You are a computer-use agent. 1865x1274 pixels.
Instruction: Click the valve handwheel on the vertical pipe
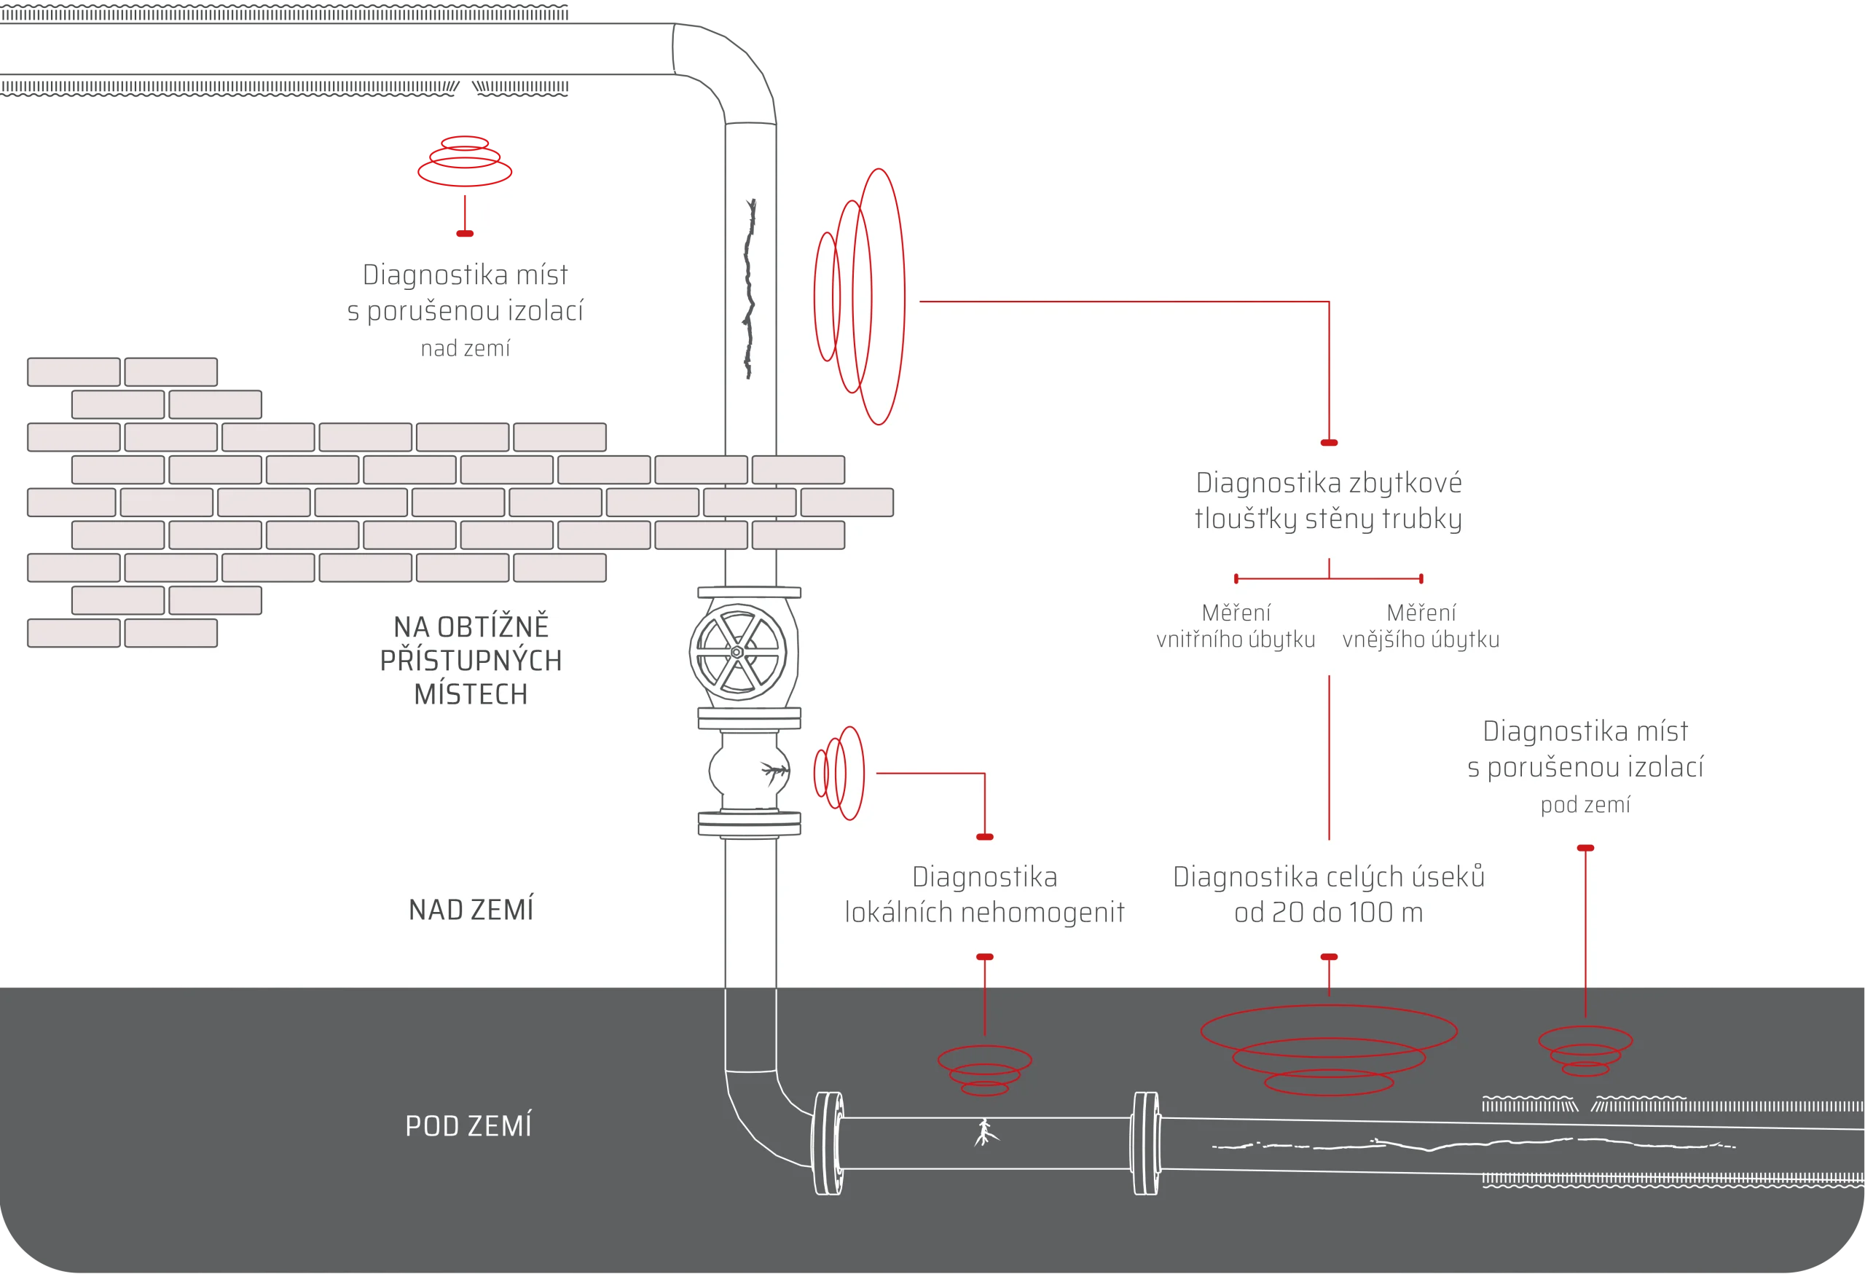(x=737, y=652)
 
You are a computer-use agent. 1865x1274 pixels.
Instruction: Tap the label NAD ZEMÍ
(x=471, y=910)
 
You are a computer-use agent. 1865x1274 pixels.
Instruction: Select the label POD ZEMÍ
(x=468, y=1125)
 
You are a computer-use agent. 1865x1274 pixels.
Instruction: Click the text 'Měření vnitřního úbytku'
(x=1236, y=626)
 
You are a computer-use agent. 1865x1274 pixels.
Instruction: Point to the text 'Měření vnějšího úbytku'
(x=1421, y=626)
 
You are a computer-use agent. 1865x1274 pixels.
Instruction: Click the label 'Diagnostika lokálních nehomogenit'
(x=985, y=894)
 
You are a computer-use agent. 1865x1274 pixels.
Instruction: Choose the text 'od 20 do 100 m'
(x=1328, y=913)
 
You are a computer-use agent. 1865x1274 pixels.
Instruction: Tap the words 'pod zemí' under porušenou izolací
(x=1585, y=805)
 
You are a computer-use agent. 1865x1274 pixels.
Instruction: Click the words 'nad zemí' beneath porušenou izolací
(x=466, y=348)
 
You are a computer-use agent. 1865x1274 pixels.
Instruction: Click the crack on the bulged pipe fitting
(x=774, y=772)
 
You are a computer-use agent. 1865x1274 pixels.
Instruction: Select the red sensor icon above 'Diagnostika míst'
(x=464, y=163)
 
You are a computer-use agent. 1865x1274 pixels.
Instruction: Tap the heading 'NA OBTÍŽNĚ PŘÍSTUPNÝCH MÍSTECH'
(x=471, y=660)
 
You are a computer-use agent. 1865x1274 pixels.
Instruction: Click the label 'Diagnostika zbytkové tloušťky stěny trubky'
(x=1328, y=500)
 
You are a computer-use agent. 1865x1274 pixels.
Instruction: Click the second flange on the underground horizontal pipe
(x=1145, y=1142)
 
